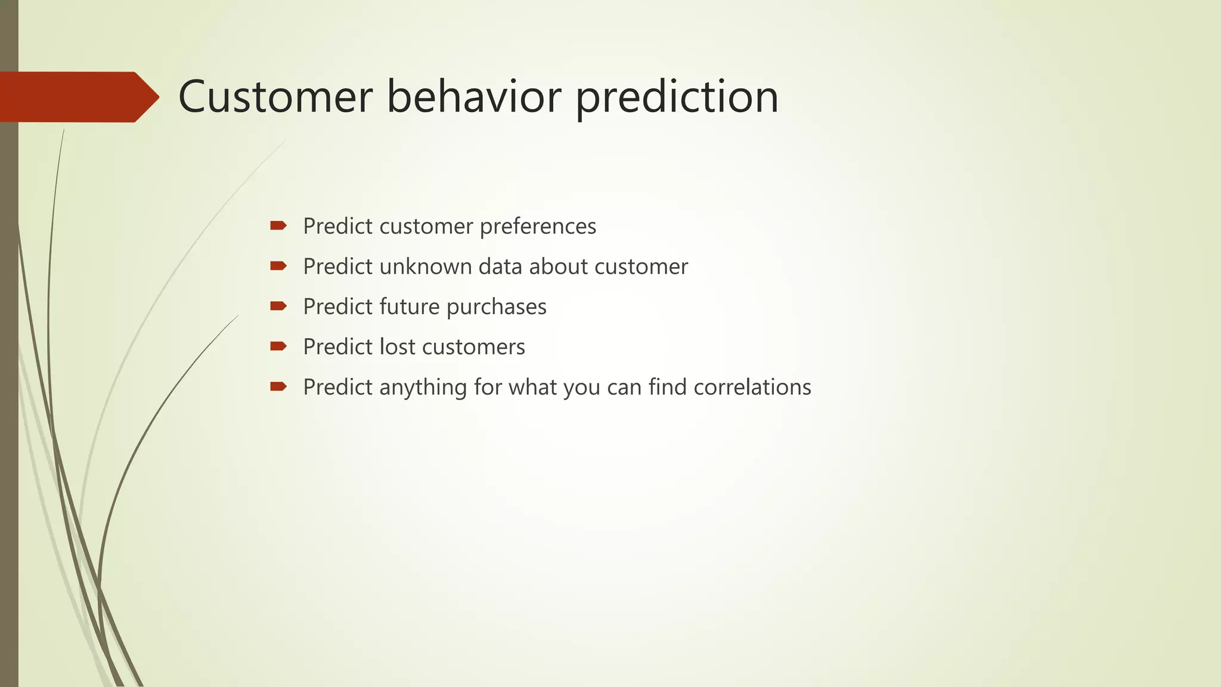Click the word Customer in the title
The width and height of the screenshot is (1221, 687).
coord(275,97)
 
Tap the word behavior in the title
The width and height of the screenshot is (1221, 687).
coord(473,97)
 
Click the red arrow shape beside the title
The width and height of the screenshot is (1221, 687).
coord(78,97)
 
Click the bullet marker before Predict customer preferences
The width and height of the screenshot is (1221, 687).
coord(278,225)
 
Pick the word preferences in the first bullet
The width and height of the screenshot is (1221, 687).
coord(538,227)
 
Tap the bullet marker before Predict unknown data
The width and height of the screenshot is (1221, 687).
coord(278,266)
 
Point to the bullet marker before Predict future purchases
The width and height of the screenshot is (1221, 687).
coord(278,306)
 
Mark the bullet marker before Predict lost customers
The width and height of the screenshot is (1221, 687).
coord(278,346)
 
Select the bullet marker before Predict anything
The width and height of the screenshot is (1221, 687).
coord(278,386)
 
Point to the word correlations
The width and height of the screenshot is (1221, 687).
coord(752,387)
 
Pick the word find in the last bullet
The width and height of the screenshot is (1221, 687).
coord(667,387)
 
